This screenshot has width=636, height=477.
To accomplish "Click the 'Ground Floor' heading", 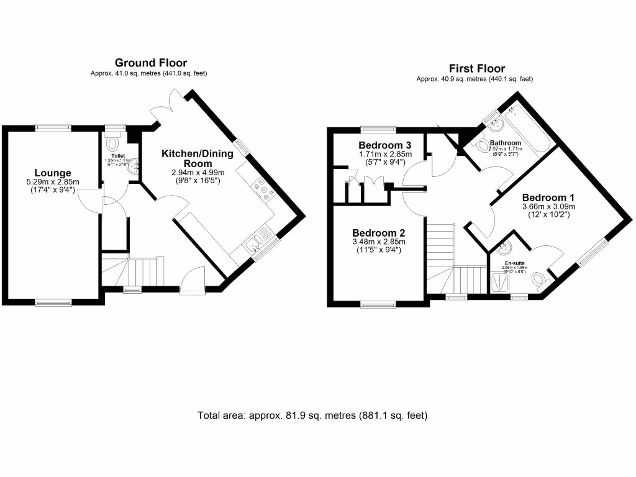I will coord(150,63).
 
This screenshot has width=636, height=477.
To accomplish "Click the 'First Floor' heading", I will coord(476,68).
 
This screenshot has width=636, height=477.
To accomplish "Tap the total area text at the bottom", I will coord(312,416).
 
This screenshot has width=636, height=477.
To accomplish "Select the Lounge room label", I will coord(52,173).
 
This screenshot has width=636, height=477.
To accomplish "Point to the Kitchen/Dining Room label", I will coord(197,158).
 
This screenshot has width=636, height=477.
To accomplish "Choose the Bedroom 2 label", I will coord(378,233).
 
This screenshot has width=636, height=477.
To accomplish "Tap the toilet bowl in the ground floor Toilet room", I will coord(112,144).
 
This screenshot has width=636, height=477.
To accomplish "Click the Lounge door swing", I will coord(90,202).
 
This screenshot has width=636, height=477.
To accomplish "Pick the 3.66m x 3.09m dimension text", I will coord(548,207).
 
